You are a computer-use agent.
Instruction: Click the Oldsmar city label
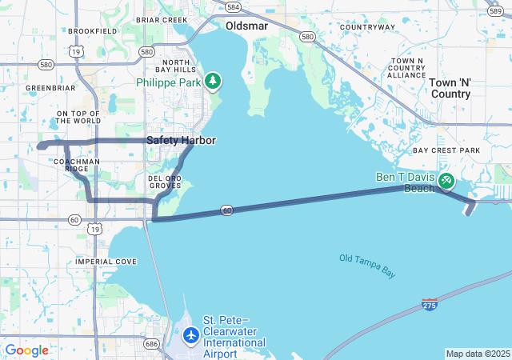(246, 26)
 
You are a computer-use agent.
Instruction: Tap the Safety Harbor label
(181, 140)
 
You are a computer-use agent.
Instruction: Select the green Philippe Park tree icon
(213, 81)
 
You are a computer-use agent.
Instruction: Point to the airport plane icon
(191, 335)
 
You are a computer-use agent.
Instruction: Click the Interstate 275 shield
(430, 305)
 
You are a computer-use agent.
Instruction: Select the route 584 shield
(233, 6)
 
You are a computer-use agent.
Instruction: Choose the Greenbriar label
(50, 87)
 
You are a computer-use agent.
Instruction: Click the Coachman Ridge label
(77, 165)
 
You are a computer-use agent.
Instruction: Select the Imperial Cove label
(106, 262)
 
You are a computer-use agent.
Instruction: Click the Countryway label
(367, 27)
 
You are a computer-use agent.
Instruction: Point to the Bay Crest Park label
(446, 150)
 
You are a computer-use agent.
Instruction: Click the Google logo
(26, 350)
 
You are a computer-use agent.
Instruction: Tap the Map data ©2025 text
(478, 354)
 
